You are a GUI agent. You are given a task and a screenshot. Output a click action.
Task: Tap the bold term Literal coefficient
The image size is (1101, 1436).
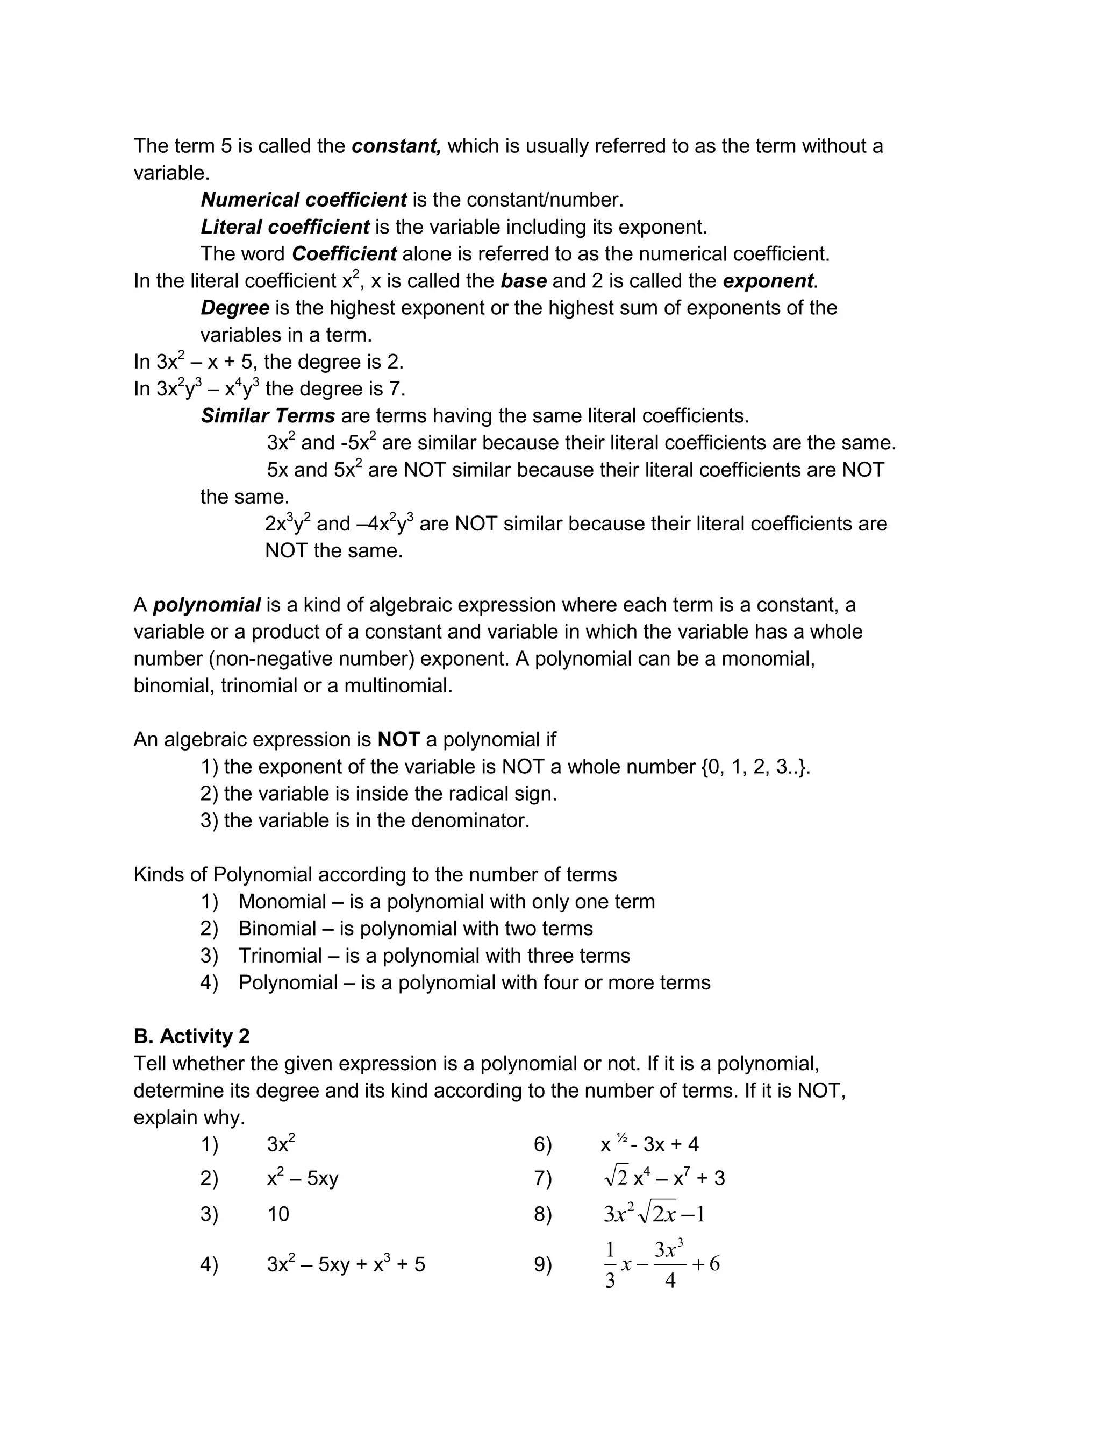pos(285,228)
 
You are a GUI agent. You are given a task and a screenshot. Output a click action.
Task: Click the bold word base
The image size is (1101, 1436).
pos(524,281)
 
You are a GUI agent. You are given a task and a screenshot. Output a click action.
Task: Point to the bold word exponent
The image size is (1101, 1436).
pos(768,281)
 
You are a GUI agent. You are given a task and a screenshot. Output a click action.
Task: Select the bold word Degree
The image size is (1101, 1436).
pos(234,308)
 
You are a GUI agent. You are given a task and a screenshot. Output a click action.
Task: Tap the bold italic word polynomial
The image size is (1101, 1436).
pos(206,605)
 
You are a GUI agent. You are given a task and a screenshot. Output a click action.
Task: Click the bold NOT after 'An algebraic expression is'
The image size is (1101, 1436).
pos(398,740)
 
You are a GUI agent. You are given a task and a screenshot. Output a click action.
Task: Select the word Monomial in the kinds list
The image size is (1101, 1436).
pos(282,902)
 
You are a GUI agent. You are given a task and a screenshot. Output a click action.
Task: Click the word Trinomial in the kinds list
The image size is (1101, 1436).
pos(280,956)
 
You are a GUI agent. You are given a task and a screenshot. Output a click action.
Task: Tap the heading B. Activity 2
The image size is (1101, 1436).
pos(191,1037)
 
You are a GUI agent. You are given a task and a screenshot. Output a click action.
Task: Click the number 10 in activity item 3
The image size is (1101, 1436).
pos(278,1214)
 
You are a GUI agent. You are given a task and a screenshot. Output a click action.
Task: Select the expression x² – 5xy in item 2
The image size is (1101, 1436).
pos(302,1179)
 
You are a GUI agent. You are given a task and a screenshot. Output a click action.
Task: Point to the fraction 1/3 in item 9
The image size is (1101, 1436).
pos(610,1265)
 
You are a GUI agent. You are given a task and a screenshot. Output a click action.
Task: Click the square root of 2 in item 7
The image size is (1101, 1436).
pos(616,1178)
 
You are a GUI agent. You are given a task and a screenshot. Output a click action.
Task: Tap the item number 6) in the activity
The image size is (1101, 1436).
pos(542,1145)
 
